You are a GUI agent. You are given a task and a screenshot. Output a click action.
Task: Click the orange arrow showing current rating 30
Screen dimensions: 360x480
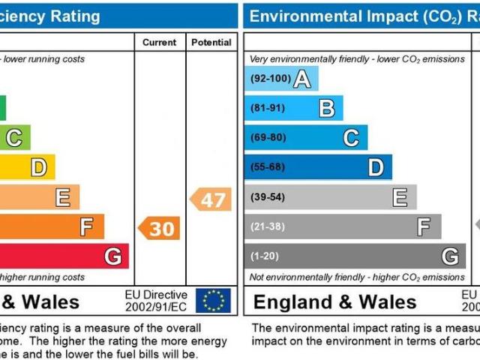(159, 228)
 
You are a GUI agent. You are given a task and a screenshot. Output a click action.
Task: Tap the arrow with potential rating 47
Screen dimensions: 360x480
(211, 199)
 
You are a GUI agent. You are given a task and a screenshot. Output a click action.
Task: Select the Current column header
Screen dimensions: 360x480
(159, 43)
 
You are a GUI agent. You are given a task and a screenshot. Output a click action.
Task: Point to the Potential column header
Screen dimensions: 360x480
(211, 43)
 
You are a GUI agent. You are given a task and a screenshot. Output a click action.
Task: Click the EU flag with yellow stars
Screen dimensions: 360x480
(213, 301)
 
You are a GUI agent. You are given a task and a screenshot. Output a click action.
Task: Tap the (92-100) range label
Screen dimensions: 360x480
(269, 79)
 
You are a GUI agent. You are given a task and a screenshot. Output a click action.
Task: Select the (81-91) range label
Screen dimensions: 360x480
(268, 108)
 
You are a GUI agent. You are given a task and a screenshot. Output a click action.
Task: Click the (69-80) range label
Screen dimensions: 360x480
(268, 137)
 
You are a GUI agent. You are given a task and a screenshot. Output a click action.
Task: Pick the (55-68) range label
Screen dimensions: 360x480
(268, 167)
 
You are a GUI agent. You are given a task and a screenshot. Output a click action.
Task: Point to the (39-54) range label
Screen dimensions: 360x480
(268, 196)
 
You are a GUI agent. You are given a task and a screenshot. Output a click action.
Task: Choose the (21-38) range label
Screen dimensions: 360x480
(268, 226)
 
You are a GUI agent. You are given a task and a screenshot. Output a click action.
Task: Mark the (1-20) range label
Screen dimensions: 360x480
(265, 256)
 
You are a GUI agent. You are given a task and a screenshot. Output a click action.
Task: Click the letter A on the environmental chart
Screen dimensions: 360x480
(302, 79)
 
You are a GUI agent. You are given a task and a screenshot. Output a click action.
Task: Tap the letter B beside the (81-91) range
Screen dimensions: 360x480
(327, 108)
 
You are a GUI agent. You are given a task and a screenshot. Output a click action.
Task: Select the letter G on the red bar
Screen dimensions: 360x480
(112, 256)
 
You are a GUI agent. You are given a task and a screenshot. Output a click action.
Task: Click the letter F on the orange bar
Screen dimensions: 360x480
(87, 226)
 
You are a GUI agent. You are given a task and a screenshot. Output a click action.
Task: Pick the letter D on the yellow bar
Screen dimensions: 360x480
(37, 167)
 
